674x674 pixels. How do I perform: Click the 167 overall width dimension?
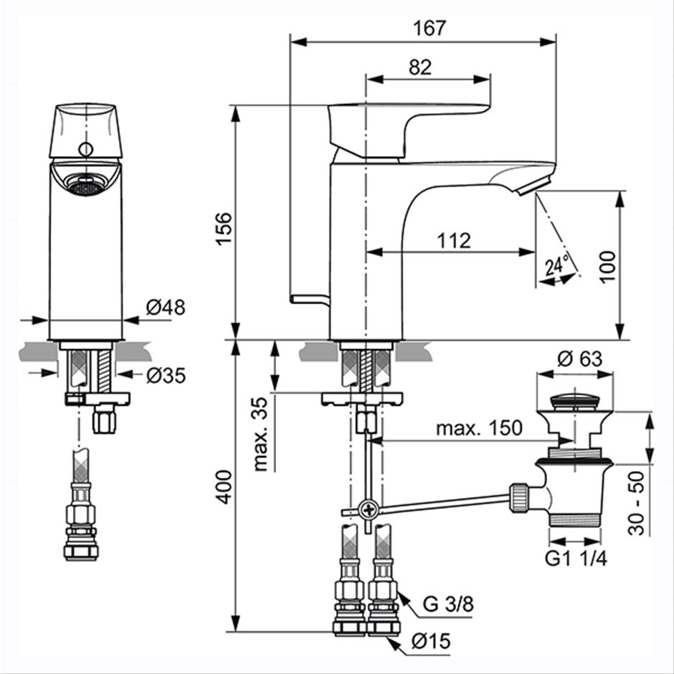pos(429,29)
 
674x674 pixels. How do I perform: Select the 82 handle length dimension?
pos(420,67)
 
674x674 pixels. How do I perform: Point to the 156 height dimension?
pos(224,229)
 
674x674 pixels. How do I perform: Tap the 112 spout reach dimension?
pos(454,241)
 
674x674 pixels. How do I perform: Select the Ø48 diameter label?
pos(166,308)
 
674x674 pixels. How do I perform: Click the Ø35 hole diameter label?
pos(166,376)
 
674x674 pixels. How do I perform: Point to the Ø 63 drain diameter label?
pos(580,359)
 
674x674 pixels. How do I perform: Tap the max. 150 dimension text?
pos(479,428)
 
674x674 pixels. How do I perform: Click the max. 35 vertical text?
pos(260,434)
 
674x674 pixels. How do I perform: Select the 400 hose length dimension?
pos(224,487)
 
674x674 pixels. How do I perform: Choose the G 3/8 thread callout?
pos(448,604)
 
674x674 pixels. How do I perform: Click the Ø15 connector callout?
pos(431,642)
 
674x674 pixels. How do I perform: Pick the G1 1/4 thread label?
pos(576,559)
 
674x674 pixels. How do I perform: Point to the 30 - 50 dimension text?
pos(637,503)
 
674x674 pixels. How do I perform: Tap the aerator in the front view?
pos(86,187)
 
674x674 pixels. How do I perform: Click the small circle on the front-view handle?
pos(86,150)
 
